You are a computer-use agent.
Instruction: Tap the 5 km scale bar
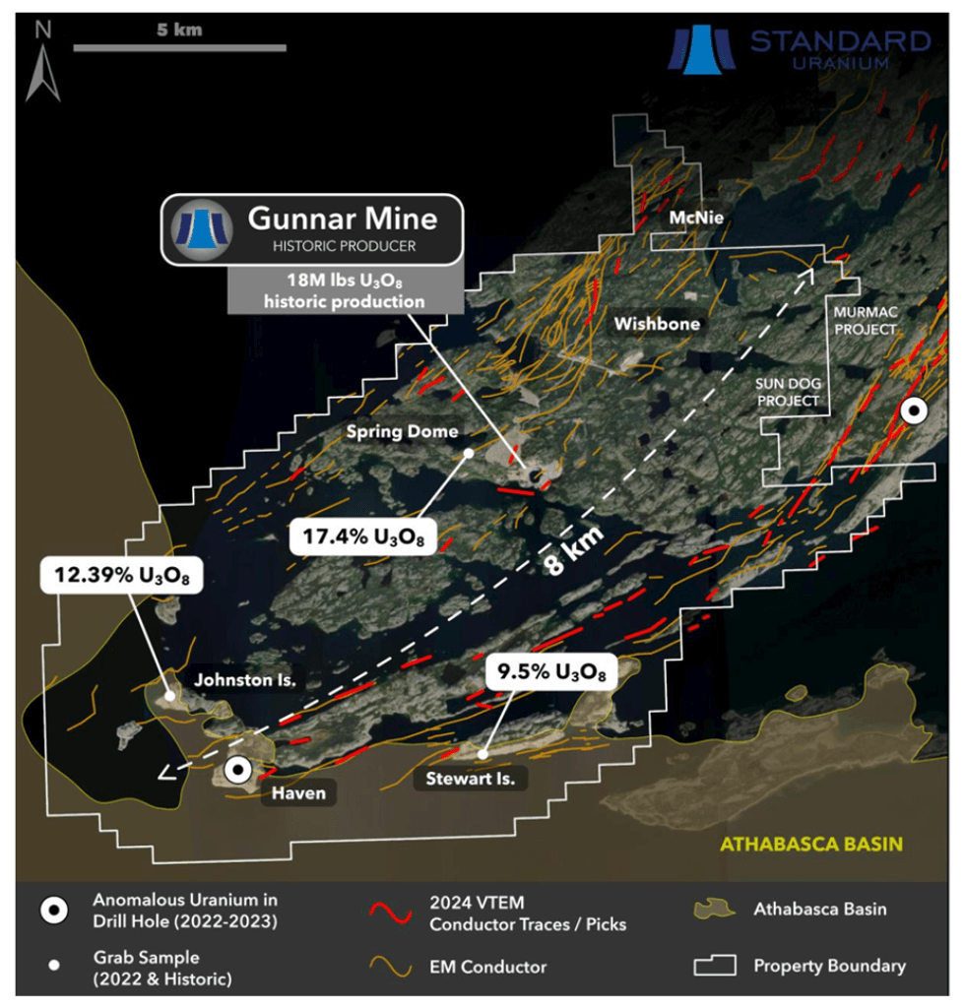[179, 46]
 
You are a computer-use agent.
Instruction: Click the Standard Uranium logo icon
[701, 49]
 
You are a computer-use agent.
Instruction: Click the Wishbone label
[657, 323]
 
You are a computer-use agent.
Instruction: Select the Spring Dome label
[402, 431]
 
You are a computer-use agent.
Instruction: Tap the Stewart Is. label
[470, 779]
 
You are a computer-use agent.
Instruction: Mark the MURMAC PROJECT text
[865, 321]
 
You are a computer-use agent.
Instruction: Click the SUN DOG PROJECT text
[787, 392]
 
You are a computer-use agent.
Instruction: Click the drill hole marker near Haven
[236, 771]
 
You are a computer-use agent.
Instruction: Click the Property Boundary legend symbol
[716, 966]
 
